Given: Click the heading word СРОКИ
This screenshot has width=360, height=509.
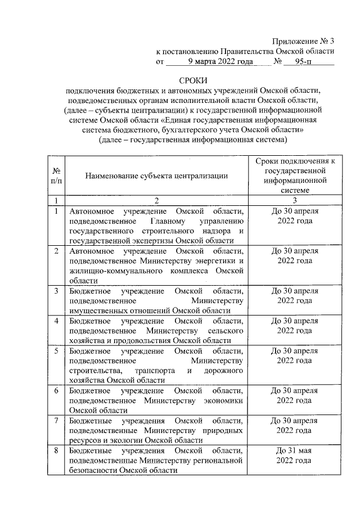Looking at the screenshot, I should [193, 81].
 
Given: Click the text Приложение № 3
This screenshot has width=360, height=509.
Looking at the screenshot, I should [303, 40].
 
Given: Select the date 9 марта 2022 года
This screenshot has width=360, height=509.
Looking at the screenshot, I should [220, 61].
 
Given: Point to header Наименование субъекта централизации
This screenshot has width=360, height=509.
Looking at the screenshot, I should [156, 175].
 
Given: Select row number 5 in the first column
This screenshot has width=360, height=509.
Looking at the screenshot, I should [56, 352].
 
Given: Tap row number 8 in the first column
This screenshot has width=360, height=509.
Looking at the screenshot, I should [56, 451].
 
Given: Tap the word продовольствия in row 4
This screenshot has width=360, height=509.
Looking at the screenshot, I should [139, 341].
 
